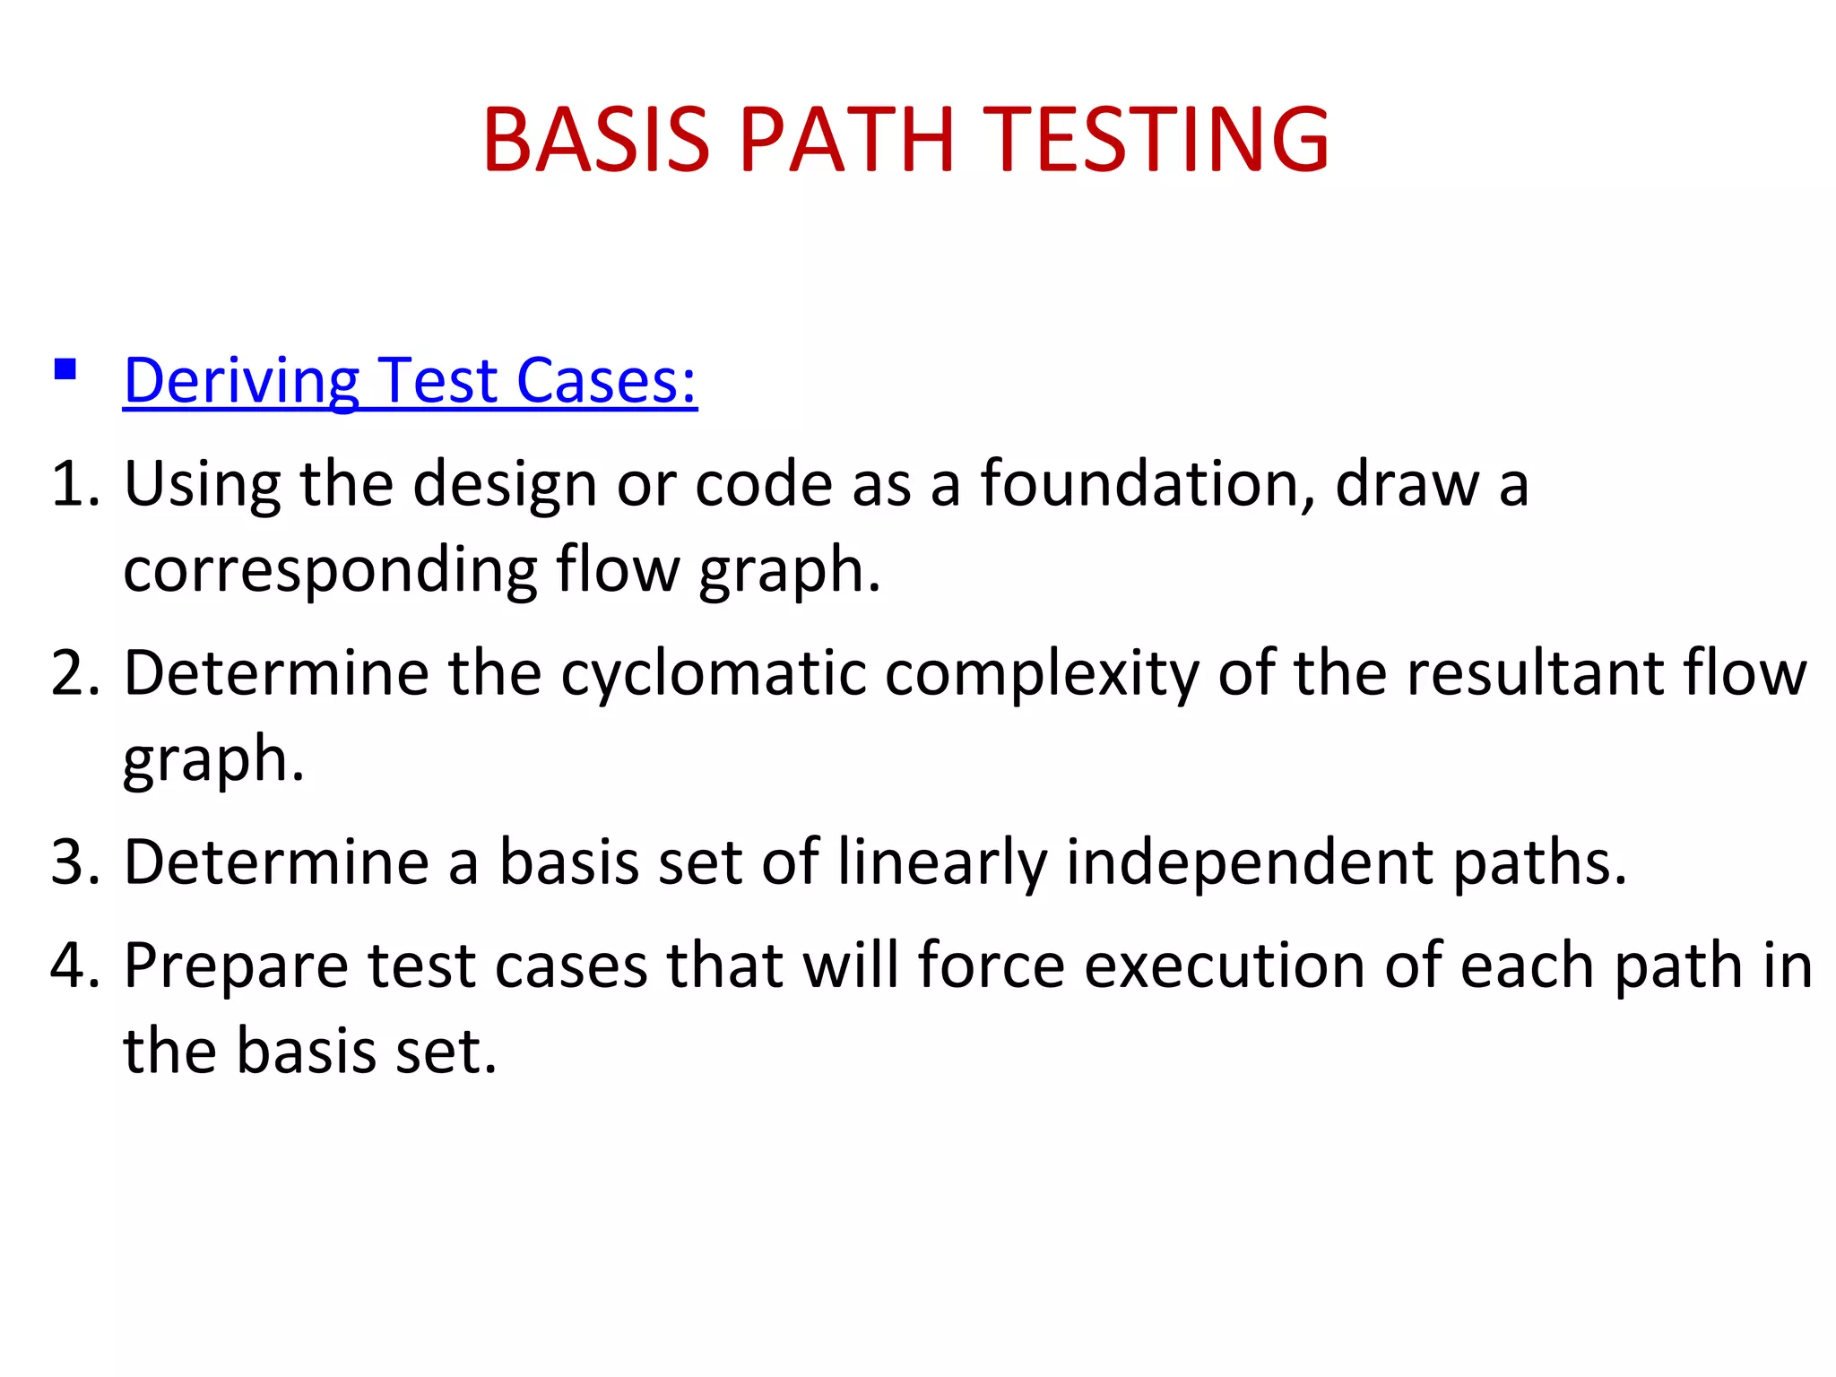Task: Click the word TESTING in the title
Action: pos(1156,140)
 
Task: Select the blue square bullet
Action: pos(65,369)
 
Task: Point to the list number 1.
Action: pos(75,484)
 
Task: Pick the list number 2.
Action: pos(75,673)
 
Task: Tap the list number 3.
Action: pos(75,862)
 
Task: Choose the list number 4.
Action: pos(75,966)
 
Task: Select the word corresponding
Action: pos(330,570)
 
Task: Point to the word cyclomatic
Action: pos(714,673)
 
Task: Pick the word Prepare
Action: pos(236,966)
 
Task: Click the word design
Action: pos(505,484)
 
